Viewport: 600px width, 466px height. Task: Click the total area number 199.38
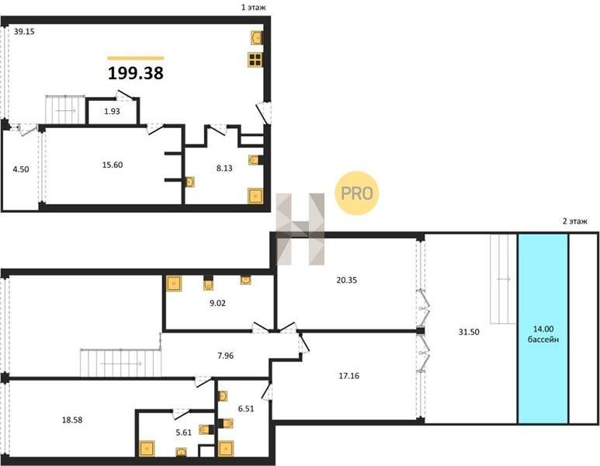(x=136, y=73)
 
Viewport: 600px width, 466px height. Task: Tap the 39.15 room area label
(x=24, y=32)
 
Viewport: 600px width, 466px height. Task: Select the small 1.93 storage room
(x=112, y=111)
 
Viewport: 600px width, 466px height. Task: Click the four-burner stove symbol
(x=255, y=60)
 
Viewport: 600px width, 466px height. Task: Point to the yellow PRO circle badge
(x=356, y=193)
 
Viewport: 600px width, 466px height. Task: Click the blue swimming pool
(x=543, y=329)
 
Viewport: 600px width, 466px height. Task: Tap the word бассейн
(x=543, y=339)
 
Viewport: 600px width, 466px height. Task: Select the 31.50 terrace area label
(x=469, y=332)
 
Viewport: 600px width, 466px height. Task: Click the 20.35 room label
(x=347, y=280)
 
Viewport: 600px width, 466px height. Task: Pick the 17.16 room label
(x=349, y=376)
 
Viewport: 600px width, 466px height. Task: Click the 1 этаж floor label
(x=253, y=7)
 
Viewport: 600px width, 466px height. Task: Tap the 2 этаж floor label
(x=574, y=221)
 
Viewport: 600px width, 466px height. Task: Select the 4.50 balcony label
(x=21, y=169)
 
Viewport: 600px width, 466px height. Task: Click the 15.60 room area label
(x=113, y=165)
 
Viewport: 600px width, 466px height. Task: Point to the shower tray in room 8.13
(x=255, y=196)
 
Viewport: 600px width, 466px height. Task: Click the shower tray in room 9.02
(x=174, y=283)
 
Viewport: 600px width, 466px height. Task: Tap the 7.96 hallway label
(x=225, y=356)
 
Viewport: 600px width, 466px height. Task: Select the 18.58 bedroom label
(x=72, y=420)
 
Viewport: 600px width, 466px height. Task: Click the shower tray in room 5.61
(x=147, y=449)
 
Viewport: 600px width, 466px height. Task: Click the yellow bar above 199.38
(x=136, y=58)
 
